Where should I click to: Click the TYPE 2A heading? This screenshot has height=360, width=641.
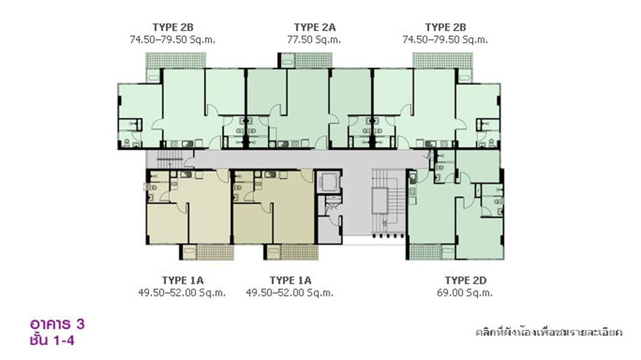pyautogui.click(x=314, y=27)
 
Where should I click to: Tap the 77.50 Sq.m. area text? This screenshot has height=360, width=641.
pyautogui.click(x=314, y=40)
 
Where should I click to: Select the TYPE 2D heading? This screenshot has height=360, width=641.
pyautogui.click(x=465, y=280)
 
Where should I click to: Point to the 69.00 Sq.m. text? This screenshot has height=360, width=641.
pyautogui.click(x=465, y=293)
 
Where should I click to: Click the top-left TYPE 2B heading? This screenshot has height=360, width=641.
pyautogui.click(x=172, y=27)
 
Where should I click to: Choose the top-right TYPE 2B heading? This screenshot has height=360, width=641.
pyautogui.click(x=445, y=27)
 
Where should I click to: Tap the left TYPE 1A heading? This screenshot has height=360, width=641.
pyautogui.click(x=182, y=280)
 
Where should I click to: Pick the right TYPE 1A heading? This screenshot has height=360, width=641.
pyautogui.click(x=290, y=280)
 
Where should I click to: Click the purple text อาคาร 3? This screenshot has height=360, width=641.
pyautogui.click(x=57, y=324)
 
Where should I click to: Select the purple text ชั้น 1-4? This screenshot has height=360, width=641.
pyautogui.click(x=52, y=340)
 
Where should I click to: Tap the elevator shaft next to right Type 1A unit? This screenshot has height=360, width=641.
pyautogui.click(x=329, y=181)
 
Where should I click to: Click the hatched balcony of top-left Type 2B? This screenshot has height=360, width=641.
pyautogui.click(x=176, y=60)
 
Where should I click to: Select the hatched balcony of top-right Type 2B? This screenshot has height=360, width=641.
pyautogui.click(x=435, y=60)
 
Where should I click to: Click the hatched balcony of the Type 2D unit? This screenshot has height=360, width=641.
pyautogui.click(x=425, y=252)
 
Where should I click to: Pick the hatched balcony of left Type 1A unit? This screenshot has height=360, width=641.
pyautogui.click(x=215, y=252)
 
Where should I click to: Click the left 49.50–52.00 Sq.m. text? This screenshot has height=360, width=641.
pyautogui.click(x=182, y=293)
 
